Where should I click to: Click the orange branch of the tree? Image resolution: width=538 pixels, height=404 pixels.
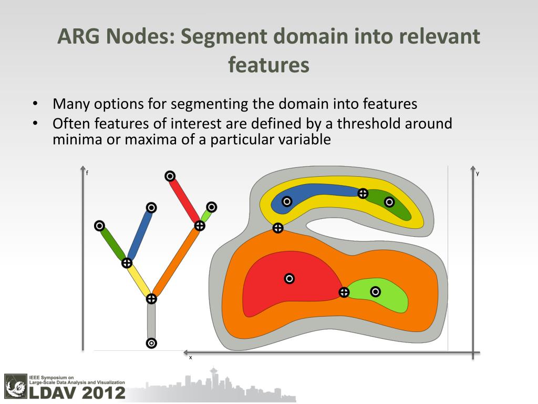pos(176,262)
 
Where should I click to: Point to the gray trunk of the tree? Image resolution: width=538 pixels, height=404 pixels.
pos(151,321)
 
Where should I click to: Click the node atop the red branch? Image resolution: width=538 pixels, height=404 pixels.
pos(170,176)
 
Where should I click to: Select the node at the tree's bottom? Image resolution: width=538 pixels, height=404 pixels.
pos(151,343)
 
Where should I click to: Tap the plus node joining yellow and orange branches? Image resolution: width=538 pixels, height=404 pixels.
pos(151,299)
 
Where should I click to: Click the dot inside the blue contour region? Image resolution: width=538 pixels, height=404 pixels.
pos(287,201)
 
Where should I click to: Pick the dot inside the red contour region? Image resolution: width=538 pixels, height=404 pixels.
pos(289,278)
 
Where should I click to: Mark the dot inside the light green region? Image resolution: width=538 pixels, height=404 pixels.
pos(375,291)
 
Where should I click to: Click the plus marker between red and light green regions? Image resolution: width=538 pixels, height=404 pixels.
pos(344,292)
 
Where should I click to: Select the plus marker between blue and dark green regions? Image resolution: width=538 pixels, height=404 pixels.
pos(363,194)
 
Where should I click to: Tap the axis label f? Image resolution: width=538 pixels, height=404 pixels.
pos(87,173)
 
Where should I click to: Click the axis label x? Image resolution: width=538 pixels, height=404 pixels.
pos(191,357)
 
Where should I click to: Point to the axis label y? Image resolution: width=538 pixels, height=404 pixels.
pos(478,173)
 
